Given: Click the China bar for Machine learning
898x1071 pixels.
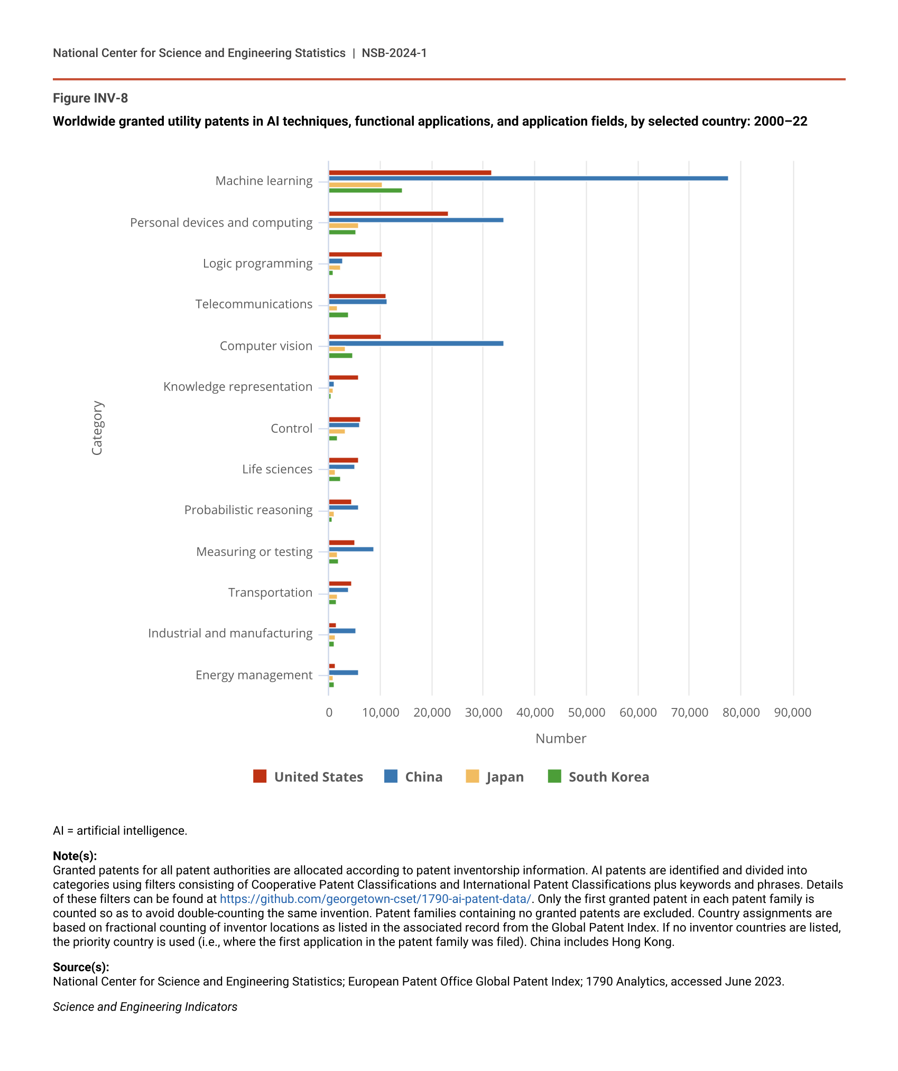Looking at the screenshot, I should [528, 179].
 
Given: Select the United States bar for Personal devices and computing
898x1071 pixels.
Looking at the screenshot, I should [388, 213].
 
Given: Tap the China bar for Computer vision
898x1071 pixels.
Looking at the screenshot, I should [416, 343].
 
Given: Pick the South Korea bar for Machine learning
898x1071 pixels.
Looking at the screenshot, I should [365, 190].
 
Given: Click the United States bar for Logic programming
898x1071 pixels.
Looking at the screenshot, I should [355, 255].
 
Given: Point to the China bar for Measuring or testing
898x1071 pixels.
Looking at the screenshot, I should [351, 550].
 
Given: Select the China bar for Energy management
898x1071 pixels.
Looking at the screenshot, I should [344, 673].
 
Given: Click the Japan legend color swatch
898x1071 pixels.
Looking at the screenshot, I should [472, 776].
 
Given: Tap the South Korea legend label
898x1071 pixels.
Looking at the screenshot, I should [609, 777].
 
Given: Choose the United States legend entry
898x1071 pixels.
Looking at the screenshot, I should [309, 777].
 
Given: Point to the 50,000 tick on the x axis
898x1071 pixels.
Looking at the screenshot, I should [586, 712].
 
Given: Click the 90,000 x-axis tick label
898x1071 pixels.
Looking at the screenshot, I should [792, 712].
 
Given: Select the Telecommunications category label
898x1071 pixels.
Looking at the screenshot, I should [254, 304].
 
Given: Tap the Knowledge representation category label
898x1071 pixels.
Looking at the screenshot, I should [238, 387].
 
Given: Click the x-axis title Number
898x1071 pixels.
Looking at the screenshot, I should [561, 739].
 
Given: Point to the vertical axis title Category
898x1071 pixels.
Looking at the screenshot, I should [97, 428].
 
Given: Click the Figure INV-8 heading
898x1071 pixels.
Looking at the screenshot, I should [90, 98].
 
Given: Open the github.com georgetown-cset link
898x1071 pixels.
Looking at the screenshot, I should [375, 899].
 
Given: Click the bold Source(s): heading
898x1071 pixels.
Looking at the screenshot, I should [81, 967].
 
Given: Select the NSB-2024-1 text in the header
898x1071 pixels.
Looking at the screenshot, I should [394, 53].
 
